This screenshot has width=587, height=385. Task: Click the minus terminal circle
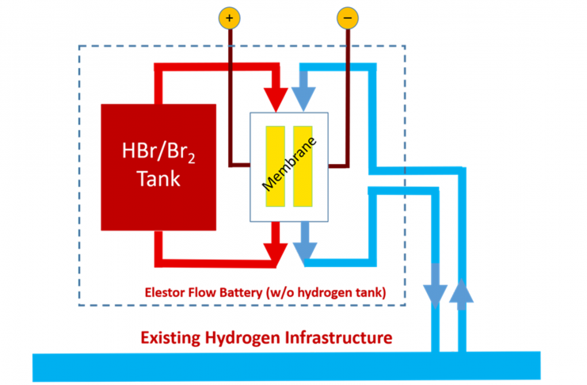pos(348,17)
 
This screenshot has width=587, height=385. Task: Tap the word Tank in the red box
pos(158,178)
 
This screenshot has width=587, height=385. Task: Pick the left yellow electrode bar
pos(274,166)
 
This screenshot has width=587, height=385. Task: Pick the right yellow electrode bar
pos(303,166)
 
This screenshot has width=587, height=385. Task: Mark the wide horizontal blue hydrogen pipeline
pos(285,367)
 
